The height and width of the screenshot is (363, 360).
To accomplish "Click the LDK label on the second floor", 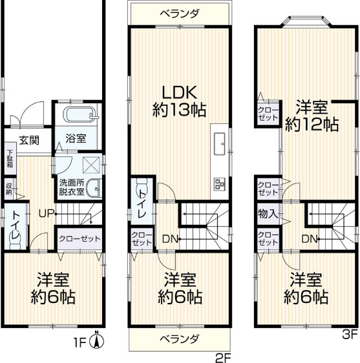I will (179, 92).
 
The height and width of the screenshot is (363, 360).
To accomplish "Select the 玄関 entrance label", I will (28, 140).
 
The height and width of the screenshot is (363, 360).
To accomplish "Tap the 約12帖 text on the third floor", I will (312, 124).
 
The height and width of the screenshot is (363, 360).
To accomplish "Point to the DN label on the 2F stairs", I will (170, 239).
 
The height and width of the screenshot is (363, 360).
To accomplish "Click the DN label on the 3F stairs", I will (309, 239).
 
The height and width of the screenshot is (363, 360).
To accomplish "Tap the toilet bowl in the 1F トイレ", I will (14, 236).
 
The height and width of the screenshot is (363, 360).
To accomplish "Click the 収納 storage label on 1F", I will (9, 189).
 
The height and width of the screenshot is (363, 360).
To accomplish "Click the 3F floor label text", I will (350, 334).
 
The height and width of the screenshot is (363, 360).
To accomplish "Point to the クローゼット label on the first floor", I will (79, 238).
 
